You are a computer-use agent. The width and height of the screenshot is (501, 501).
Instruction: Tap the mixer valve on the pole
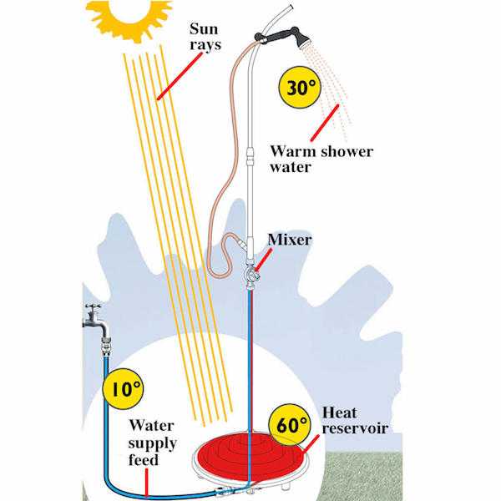pos(248,272)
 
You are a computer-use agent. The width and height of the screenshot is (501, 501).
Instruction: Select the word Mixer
pos(290,240)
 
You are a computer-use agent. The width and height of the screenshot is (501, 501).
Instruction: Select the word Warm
pos(290,151)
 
